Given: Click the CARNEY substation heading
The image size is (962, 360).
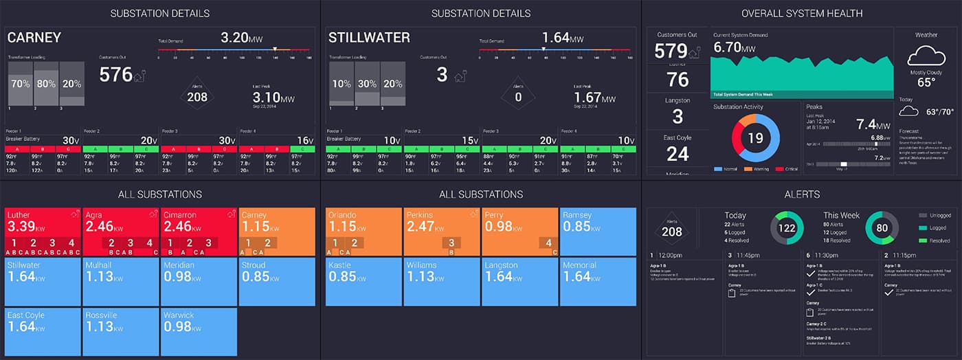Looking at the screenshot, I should point(34,38).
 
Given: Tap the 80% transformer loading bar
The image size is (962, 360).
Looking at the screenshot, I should point(47,84).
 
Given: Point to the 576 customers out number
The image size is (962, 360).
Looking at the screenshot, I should point(116,75).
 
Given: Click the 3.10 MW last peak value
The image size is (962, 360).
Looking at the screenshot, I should point(273,98).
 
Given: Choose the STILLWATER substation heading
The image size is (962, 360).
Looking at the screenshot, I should point(369,38).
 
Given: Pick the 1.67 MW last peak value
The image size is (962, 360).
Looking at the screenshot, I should point(595,98).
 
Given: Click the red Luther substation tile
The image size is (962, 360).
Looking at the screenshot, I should point(42,231).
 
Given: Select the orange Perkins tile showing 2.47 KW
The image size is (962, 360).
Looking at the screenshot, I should point(440,231).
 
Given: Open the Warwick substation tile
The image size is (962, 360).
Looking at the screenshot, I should point(198,331).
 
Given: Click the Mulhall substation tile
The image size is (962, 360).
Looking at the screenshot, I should point(120,281).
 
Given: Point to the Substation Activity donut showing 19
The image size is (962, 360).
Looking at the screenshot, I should point(754,138).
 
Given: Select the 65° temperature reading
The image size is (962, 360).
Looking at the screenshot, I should point(926,82).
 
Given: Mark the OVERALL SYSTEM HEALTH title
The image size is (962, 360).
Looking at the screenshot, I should point(801,13).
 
